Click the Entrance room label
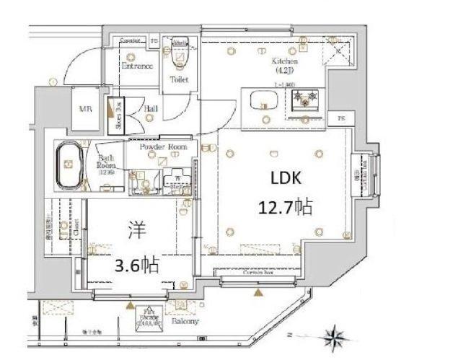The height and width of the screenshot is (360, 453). coord(136,66)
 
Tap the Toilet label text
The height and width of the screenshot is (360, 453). coord(178,79)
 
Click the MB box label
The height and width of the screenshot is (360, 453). coord(84,109)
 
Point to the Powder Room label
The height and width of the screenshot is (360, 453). coord(164,146)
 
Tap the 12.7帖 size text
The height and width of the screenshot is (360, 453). coord(286,208)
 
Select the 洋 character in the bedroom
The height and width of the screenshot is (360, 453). coord(136,233)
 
